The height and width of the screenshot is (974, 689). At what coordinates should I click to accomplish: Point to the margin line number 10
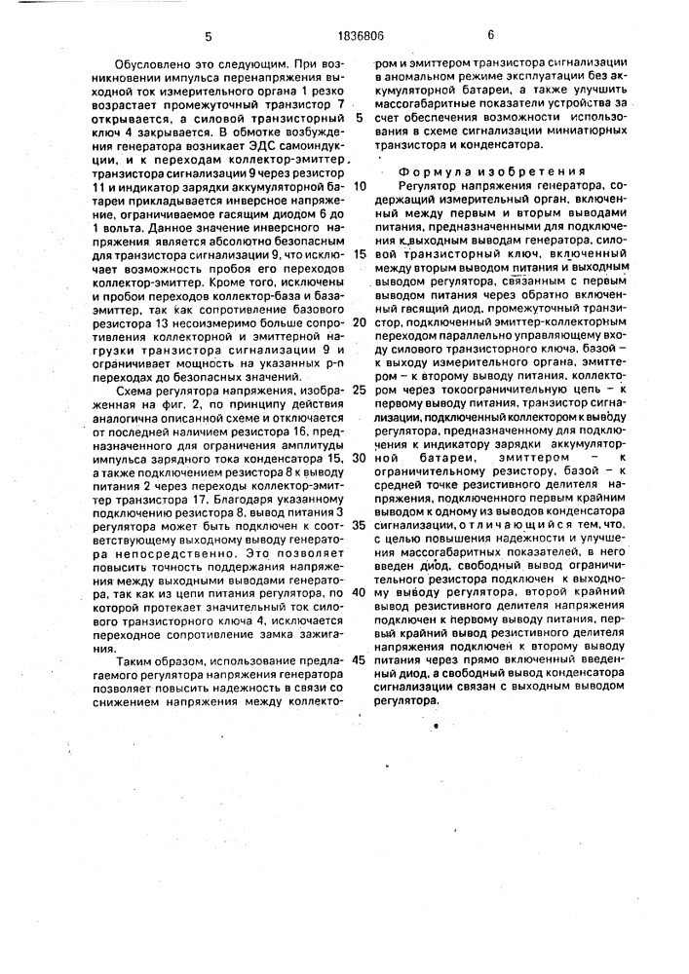(x=360, y=186)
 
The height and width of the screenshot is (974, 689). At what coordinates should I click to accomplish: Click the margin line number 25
(x=360, y=390)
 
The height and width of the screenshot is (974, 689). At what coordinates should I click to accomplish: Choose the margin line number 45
(x=360, y=658)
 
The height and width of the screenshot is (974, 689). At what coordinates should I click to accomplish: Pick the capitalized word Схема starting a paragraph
(x=135, y=390)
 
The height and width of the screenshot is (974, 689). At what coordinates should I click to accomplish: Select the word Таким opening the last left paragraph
(x=136, y=659)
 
